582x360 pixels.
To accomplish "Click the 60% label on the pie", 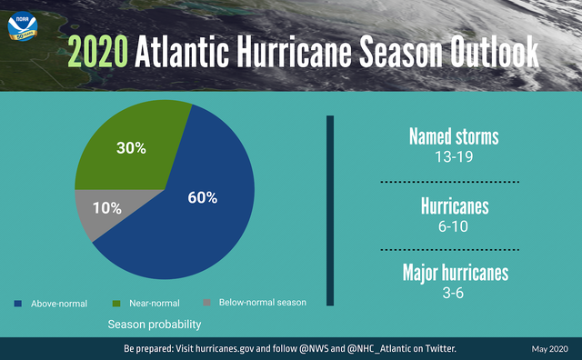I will coord(202,198).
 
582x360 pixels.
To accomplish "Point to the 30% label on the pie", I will coord(131,147).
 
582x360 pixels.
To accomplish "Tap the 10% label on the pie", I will coord(106,207).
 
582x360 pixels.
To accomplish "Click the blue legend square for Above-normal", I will coord(18,303).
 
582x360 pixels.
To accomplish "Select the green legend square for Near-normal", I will coord(115,303).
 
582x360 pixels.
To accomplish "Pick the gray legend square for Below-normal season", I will coord(206,303).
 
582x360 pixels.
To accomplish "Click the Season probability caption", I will coord(155,324).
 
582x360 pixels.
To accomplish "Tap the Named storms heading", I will coord(454,137).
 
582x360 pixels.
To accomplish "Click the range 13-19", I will coord(454,156).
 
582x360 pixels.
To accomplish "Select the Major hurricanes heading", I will coord(454,273).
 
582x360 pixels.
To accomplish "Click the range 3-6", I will coord(454,293).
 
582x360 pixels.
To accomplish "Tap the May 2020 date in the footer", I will coord(549,349).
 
